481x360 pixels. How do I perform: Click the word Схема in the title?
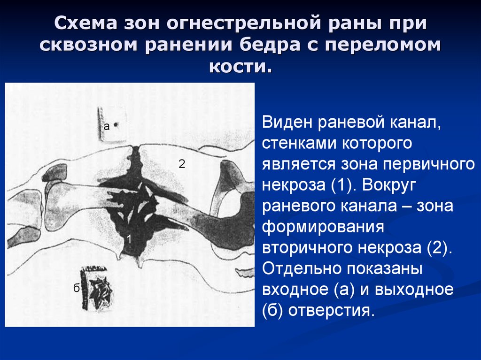[x=86, y=23]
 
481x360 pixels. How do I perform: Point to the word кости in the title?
[x=240, y=66]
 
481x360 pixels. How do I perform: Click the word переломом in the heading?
[x=383, y=45]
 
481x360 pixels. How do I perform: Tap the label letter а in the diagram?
[x=107, y=126]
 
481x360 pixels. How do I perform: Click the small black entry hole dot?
[x=116, y=124]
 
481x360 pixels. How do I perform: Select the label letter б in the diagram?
[x=77, y=287]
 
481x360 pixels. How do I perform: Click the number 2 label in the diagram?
[x=182, y=164]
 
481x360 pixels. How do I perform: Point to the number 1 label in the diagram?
[x=129, y=239]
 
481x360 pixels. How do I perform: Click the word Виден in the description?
[x=287, y=123]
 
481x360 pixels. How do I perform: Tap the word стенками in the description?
[x=299, y=144]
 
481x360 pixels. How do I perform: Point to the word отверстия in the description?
[x=331, y=311]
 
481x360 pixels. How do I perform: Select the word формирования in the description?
[x=323, y=227]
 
